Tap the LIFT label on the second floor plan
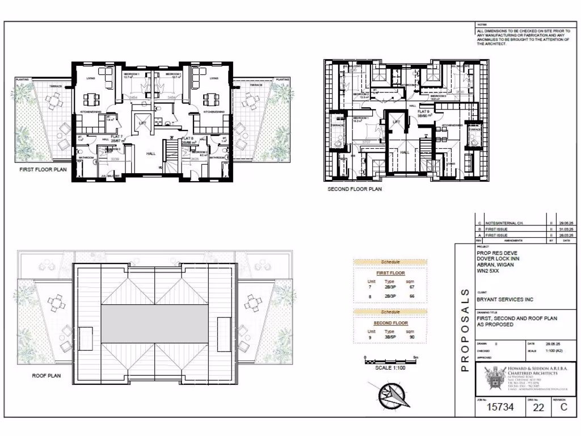pyautogui.click(x=397, y=121)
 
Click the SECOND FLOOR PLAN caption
pyautogui.click(x=354, y=189)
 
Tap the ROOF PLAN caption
pyautogui.click(x=47, y=375)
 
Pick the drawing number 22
pyautogui.click(x=538, y=408)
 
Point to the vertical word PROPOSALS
pyautogui.click(x=464, y=329)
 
